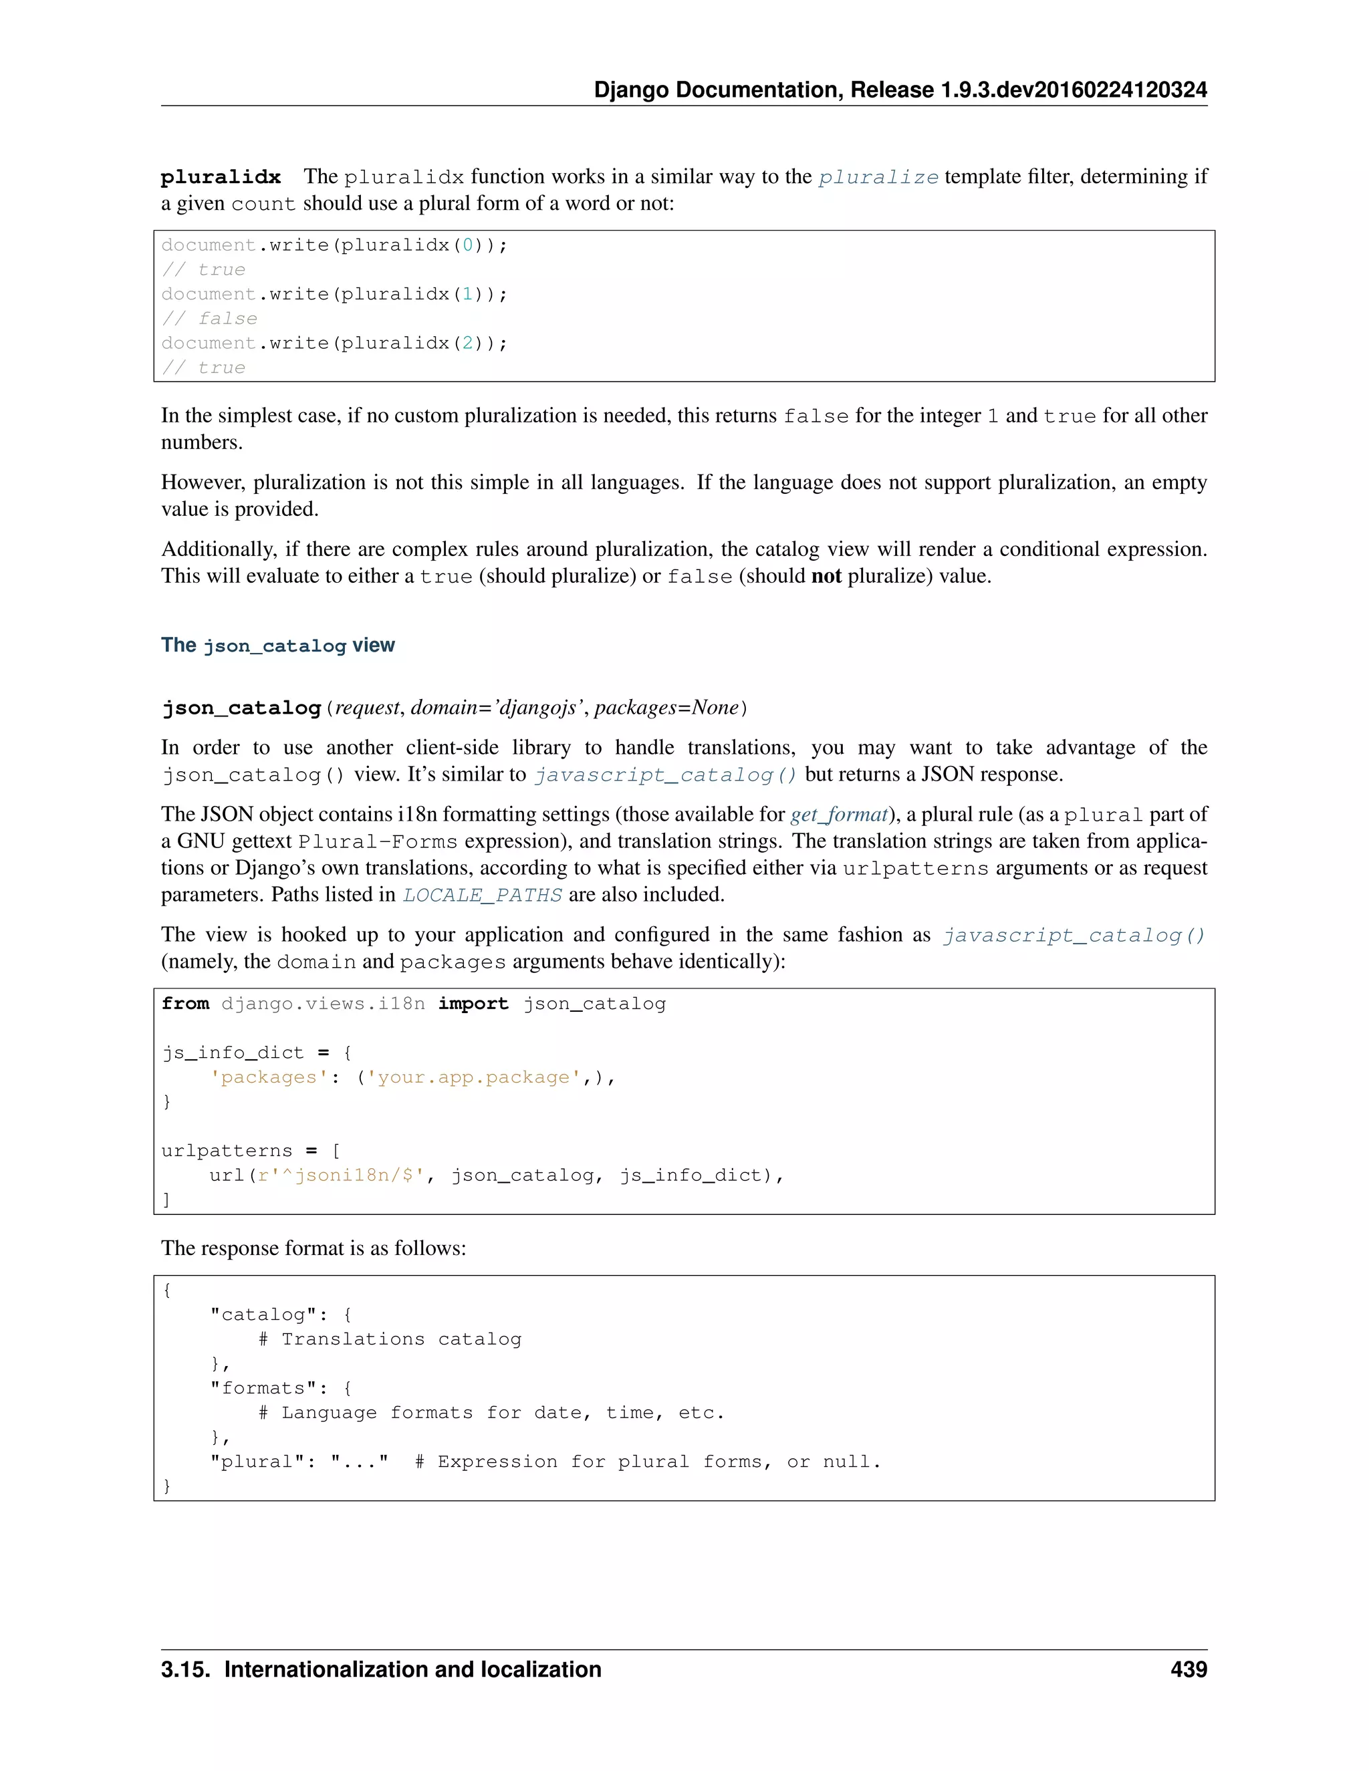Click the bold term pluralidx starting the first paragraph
pos(221,178)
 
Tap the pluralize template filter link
pos(878,178)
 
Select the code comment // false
pos(209,319)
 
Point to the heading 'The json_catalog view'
pos(277,646)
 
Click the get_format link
pos(839,814)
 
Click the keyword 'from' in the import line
pos(185,1004)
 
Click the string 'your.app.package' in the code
pos(474,1078)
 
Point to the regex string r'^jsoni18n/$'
pos(341,1176)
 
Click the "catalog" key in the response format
pos(263,1315)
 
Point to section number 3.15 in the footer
pos(186,1669)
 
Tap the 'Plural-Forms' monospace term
pos(377,841)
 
